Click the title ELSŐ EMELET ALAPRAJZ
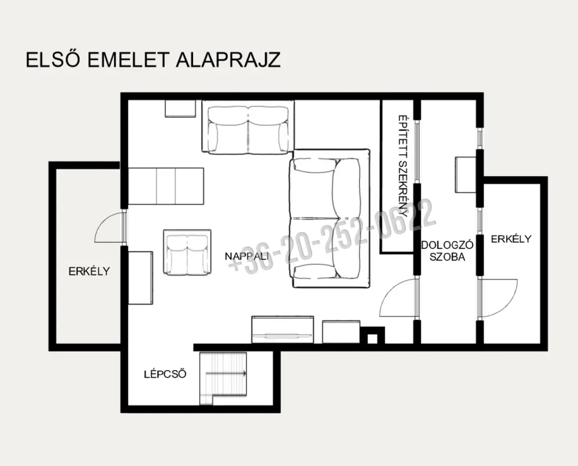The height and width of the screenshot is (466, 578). point(153,59)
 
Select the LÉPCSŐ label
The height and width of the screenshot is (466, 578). point(165,374)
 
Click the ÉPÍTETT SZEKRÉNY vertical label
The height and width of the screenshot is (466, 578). point(402,166)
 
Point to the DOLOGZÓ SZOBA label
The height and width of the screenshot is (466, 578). point(447,251)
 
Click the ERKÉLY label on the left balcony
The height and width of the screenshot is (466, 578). point(89,271)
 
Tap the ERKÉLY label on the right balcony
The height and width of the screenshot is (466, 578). point(511,238)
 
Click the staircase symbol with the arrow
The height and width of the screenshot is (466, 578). point(223,378)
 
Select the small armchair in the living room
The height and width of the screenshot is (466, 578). point(187,253)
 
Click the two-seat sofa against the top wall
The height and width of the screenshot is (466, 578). point(248,128)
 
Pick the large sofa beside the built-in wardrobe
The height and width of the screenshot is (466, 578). point(330,218)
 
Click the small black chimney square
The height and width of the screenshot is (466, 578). point(373,335)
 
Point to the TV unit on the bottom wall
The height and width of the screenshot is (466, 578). point(283,329)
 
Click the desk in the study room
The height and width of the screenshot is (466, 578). point(465,174)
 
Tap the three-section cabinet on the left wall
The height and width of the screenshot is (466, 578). point(165,186)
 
